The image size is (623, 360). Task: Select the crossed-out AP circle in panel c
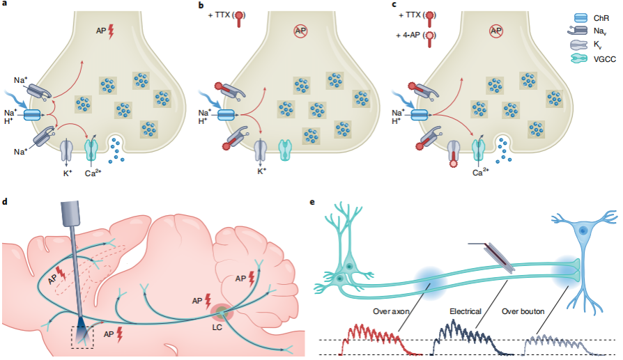tap(496, 31)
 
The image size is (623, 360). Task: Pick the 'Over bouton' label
tap(523, 311)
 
